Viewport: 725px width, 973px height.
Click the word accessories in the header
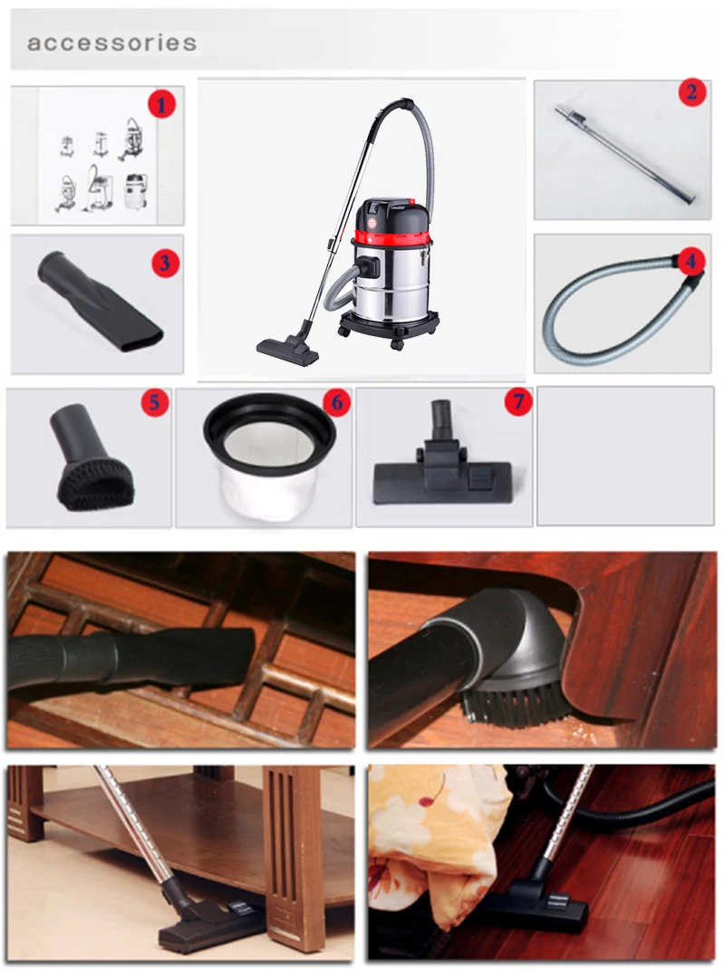coord(111,43)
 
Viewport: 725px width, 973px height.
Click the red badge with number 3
coord(165,264)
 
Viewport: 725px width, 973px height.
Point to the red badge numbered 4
coord(691,262)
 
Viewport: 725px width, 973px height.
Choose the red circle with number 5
coord(154,402)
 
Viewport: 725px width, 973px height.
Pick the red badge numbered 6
coord(335,402)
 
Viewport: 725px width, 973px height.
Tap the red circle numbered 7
coord(517,402)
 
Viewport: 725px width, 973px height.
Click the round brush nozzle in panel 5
coord(91,471)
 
